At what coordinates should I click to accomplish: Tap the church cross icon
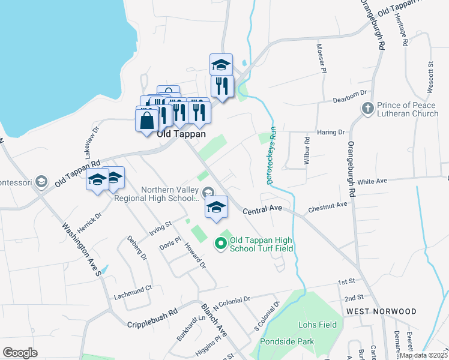pos(367,109)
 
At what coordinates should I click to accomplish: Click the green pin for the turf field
pos(220,243)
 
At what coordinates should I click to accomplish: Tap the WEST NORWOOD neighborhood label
pos(381,311)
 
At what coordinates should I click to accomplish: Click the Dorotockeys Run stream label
pos(271,158)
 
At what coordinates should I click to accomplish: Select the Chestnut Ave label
pos(328,206)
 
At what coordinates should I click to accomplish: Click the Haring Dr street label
pos(332,131)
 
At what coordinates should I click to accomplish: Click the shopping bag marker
pos(147,120)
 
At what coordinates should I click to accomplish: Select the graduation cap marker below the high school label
pos(217,208)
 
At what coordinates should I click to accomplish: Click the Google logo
pos(20,352)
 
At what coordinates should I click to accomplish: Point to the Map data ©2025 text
pos(423,355)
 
